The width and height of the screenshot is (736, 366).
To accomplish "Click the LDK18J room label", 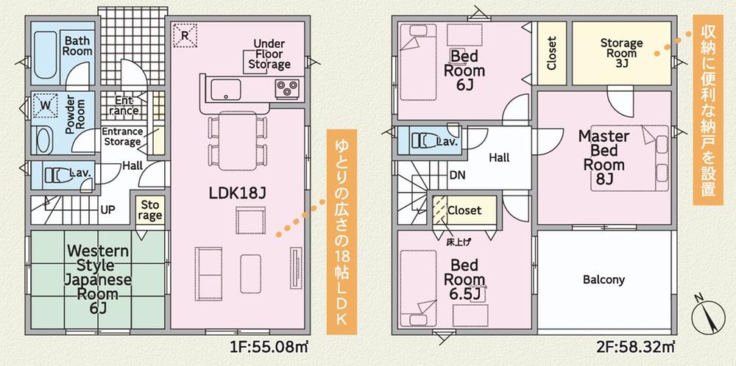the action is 238,193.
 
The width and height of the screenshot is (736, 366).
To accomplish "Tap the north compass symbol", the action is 708,317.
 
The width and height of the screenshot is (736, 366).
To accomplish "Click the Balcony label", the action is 604,280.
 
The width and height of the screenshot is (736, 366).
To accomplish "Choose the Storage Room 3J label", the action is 621,53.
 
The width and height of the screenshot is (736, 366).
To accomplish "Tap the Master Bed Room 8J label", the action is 604,157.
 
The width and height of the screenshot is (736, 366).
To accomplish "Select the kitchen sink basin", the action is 226,90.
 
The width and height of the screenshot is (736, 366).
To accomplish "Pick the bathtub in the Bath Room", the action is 45,57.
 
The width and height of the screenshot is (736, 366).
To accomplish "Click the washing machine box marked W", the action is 45,105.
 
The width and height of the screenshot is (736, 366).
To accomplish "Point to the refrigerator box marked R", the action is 185,35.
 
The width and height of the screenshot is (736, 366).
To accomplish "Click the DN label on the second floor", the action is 457,175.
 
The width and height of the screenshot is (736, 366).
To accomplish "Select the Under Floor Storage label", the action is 269,54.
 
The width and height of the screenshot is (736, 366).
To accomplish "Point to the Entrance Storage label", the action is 121,137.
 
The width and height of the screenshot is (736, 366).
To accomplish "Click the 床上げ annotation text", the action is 458,242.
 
